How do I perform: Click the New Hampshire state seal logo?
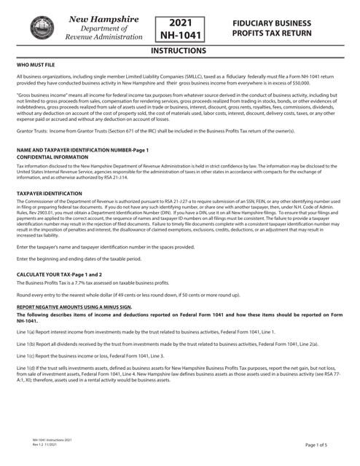pos(39,25)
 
